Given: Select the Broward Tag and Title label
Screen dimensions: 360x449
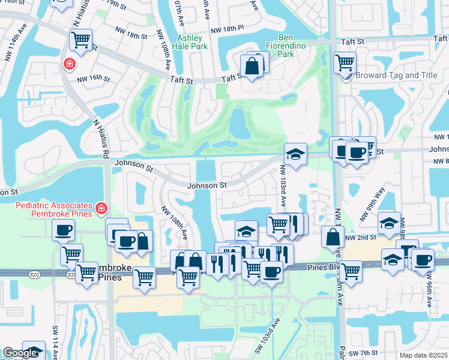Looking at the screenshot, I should coord(396,76).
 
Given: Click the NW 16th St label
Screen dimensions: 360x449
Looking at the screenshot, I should coord(93,78).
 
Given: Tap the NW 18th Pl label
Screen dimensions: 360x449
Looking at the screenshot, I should coord(228,28).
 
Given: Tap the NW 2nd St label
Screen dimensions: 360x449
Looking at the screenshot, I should coord(360,238).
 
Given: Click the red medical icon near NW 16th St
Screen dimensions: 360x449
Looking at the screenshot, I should coord(70,64).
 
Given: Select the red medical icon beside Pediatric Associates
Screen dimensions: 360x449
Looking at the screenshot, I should coord(101,208).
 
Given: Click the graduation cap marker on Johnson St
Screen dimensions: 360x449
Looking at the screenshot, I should coord(295,154).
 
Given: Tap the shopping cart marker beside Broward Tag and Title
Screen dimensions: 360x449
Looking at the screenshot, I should coord(345,62).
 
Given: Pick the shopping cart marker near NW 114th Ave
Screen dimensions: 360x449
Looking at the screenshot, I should coord(80,40).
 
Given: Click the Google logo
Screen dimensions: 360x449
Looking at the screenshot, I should coord(21,353).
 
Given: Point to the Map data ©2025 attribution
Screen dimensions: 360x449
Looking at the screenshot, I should coord(423,355).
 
